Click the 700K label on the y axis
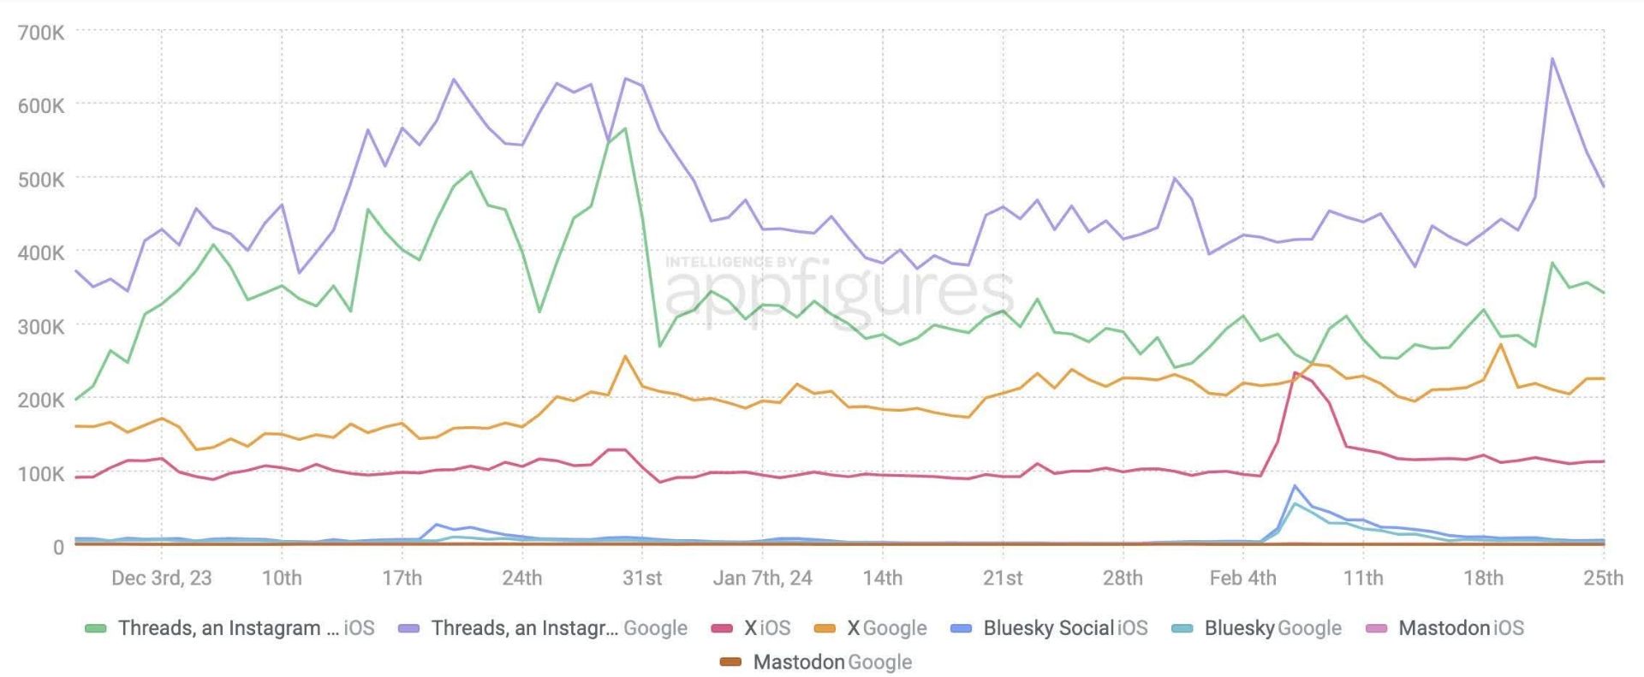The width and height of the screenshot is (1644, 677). (41, 33)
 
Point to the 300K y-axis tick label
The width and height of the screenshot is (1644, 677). (41, 327)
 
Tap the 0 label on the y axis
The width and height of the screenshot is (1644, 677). (58, 547)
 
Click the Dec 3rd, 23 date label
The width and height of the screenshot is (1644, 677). (161, 578)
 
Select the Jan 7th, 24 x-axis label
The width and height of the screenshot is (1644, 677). (762, 578)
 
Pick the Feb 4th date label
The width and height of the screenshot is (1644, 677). (1242, 578)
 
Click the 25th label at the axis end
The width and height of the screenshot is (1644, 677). (1603, 578)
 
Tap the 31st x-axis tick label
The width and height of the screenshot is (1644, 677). (642, 578)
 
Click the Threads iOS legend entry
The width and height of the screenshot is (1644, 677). (229, 628)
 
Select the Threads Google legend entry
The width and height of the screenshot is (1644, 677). (543, 628)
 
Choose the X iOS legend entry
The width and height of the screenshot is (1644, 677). (751, 628)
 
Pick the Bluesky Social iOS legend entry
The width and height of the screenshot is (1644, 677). (1049, 628)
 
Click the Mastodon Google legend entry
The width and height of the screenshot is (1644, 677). (816, 662)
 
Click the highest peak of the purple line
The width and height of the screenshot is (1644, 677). (1552, 59)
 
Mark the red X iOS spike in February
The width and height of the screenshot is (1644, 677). (1296, 373)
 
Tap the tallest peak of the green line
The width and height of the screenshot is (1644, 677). (625, 129)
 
